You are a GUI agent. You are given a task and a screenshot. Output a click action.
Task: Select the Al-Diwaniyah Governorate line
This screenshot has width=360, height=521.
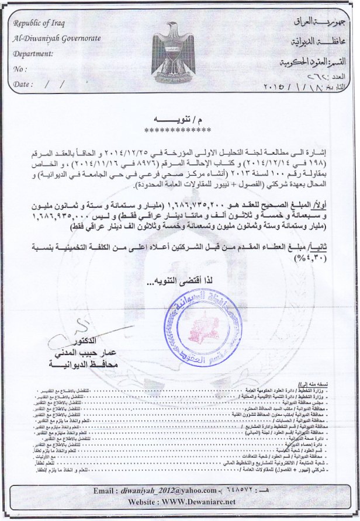56,39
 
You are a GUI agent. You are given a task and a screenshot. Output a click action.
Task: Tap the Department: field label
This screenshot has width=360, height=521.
33,53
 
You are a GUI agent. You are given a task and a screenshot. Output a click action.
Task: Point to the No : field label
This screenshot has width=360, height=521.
20,69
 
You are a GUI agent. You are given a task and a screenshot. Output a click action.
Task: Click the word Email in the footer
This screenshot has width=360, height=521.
107,491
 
